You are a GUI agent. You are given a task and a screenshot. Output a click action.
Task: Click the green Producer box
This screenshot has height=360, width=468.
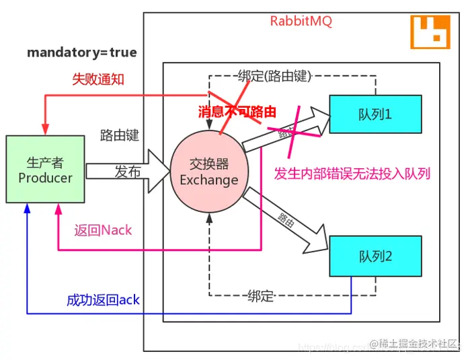[45, 169]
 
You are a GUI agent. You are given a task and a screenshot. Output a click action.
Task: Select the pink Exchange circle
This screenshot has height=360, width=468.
[208, 172]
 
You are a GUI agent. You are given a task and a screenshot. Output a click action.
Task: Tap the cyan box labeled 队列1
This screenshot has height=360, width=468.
[375, 114]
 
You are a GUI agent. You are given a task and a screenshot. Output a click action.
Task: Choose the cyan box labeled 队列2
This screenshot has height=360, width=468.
[375, 256]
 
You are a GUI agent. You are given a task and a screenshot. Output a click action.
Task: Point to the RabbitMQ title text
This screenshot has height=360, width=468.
[301, 21]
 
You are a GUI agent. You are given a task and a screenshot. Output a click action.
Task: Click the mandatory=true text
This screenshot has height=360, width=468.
[81, 52]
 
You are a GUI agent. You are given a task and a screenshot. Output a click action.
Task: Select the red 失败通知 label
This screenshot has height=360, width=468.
[97, 79]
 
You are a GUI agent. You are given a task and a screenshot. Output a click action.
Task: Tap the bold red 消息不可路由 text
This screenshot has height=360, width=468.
[237, 112]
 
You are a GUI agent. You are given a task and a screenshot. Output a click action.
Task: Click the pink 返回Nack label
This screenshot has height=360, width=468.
[103, 230]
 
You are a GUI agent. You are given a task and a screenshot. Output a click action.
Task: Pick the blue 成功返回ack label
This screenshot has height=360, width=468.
[103, 299]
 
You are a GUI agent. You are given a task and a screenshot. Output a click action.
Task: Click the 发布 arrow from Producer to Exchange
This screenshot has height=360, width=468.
[128, 172]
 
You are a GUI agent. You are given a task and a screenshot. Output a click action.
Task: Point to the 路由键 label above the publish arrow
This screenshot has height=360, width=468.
[119, 135]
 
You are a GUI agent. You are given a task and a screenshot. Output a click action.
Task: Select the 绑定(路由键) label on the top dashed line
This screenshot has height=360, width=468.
[275, 75]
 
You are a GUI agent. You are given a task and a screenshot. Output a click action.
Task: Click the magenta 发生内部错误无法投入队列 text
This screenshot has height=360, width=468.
[352, 173]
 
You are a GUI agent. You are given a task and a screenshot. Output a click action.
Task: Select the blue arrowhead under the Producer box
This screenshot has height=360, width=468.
[27, 209]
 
